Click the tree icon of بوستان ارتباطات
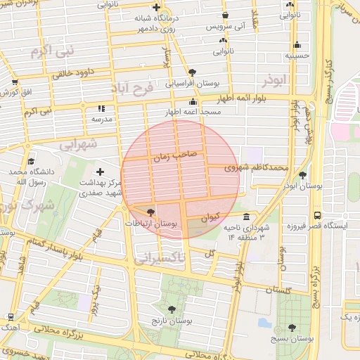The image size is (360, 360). click(150, 212)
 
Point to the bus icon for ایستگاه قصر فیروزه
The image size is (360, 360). click(318, 215)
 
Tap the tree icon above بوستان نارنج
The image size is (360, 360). click(172, 309)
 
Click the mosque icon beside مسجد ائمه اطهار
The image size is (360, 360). click(193, 102)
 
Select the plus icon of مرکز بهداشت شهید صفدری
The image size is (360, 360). click(100, 172)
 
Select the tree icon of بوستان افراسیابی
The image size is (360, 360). click(193, 72)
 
